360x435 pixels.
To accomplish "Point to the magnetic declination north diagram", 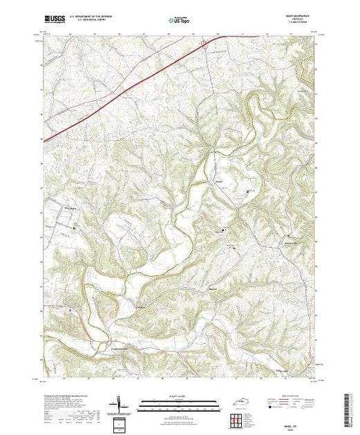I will coord(118,403).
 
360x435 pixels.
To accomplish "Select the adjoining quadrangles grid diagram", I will coord(236,418).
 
